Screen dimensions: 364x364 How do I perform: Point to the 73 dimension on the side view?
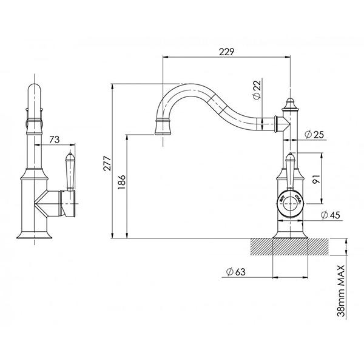[54, 140]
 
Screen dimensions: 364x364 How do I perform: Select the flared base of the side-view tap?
[35, 232]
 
